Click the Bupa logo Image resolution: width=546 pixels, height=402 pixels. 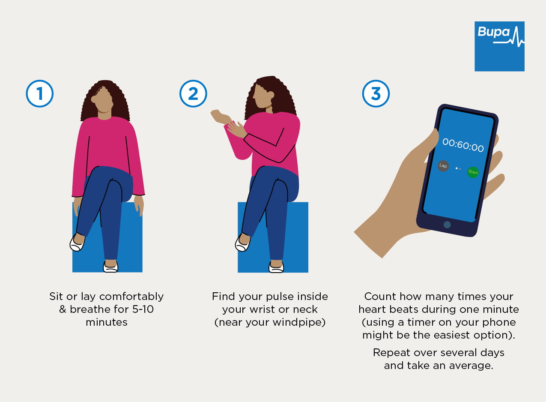click(499, 46)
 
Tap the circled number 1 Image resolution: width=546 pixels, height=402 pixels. click(39, 93)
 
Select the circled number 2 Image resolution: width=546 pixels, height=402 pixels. click(193, 93)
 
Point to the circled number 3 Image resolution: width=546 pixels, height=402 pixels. click(376, 93)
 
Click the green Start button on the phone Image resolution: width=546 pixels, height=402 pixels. click(473, 172)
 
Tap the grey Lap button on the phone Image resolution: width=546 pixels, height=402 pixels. click(443, 166)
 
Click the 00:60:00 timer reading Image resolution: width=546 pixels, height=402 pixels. click(463, 145)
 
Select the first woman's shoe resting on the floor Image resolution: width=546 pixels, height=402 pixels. click(110, 267)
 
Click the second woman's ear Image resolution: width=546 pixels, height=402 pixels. click(271, 95)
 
